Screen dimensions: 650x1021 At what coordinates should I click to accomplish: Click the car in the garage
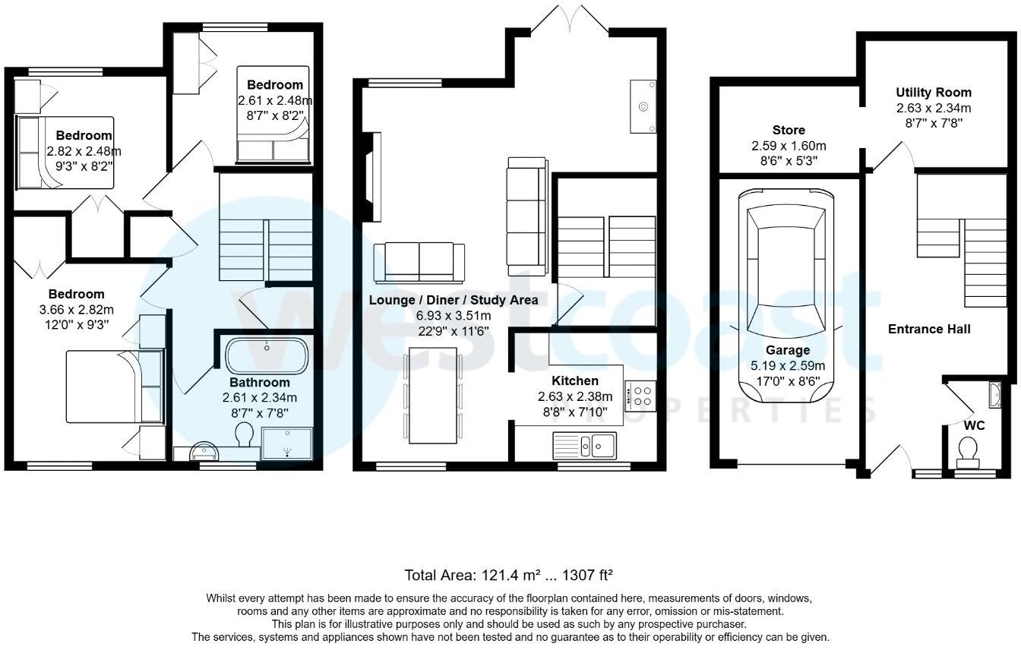pyautogui.click(x=786, y=296)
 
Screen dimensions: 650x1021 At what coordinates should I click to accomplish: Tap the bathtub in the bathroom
pyautogui.click(x=267, y=355)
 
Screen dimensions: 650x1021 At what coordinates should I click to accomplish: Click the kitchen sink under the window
pyautogui.click(x=585, y=444)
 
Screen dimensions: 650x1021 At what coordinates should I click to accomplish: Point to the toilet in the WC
pyautogui.click(x=968, y=450)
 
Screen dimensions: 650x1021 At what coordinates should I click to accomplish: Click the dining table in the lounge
pyautogui.click(x=433, y=395)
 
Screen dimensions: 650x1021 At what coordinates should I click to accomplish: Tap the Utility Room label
pyautogui.click(x=933, y=93)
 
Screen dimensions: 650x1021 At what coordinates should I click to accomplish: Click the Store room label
pyautogui.click(x=789, y=130)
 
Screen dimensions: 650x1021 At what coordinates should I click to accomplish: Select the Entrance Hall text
pyautogui.click(x=929, y=329)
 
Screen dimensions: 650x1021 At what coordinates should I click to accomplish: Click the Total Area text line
pyautogui.click(x=509, y=575)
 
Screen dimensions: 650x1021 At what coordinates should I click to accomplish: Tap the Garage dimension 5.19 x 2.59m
pyautogui.click(x=788, y=365)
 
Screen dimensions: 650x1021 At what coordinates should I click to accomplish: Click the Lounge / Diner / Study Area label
pyautogui.click(x=454, y=300)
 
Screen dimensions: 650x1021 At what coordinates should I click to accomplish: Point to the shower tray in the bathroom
pyautogui.click(x=286, y=443)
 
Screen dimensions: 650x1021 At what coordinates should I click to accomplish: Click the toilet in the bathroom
pyautogui.click(x=245, y=434)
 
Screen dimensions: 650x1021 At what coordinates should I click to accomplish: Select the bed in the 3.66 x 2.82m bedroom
pyautogui.click(x=114, y=385)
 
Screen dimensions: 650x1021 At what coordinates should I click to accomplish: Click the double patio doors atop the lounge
pyautogui.click(x=570, y=19)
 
